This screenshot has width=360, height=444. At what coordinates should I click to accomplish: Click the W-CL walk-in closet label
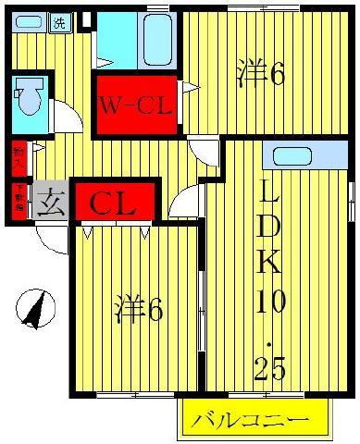tap(136, 106)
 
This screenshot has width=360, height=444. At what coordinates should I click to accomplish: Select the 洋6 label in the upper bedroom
tap(261, 74)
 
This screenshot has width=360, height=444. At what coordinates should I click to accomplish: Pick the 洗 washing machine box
tap(58, 22)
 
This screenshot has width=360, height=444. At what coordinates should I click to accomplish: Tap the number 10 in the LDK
tap(272, 302)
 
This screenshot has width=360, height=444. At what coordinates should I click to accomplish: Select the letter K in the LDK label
tap(270, 262)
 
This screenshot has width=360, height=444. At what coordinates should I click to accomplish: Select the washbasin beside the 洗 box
tap(28, 23)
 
